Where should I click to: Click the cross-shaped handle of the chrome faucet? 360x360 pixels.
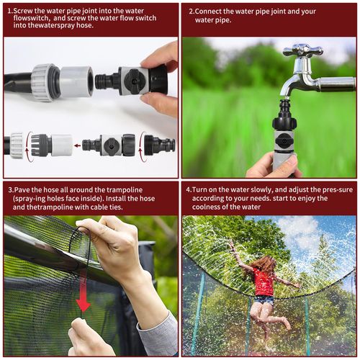coord(303,50)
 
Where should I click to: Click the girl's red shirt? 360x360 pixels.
coord(264,282)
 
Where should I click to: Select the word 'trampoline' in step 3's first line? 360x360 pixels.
coord(125,190)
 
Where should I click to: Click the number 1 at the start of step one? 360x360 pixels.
coord(9,11)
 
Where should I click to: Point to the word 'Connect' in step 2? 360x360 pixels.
coord(208,12)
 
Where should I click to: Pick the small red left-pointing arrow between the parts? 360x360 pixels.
coord(77,145)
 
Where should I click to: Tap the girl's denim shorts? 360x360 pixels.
coord(264,300)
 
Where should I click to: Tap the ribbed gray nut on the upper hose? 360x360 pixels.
coord(44,82)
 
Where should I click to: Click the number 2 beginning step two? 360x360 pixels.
coord(191,12)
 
